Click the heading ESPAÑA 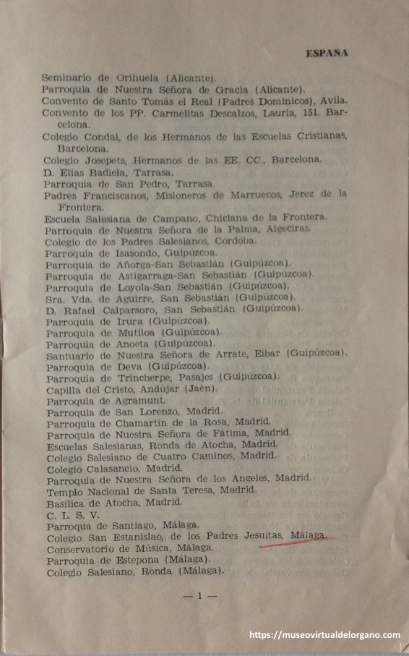[x=327, y=53]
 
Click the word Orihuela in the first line [x=137, y=77]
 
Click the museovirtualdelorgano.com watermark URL [x=324, y=635]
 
